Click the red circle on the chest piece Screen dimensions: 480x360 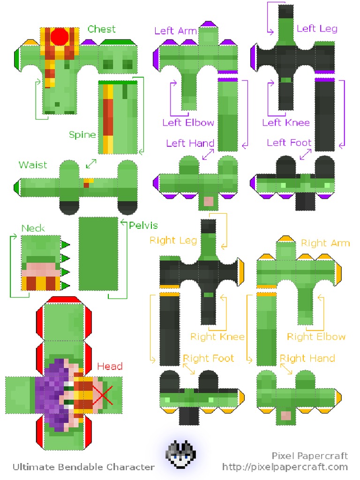click(60, 37)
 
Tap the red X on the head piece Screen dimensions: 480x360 click(104, 396)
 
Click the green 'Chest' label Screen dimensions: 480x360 click(101, 29)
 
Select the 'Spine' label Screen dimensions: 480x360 click(82, 135)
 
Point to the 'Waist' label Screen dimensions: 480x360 click(33, 165)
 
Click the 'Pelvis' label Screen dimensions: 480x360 click(143, 225)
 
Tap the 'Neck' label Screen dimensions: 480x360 click(33, 228)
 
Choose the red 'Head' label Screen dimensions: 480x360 click(110, 367)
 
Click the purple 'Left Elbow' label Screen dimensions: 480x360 click(188, 123)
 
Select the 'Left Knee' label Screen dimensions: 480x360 click(286, 123)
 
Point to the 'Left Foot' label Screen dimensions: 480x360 click(289, 142)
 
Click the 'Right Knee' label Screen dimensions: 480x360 click(217, 337)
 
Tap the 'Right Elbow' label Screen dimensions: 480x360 click(316, 337)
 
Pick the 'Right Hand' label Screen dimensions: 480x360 click(307, 359)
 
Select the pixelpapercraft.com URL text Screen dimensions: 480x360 click(285, 467)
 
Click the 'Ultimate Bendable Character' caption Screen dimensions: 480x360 click(83, 467)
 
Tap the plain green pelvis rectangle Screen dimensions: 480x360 click(98, 254)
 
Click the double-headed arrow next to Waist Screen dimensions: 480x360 click(91, 164)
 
